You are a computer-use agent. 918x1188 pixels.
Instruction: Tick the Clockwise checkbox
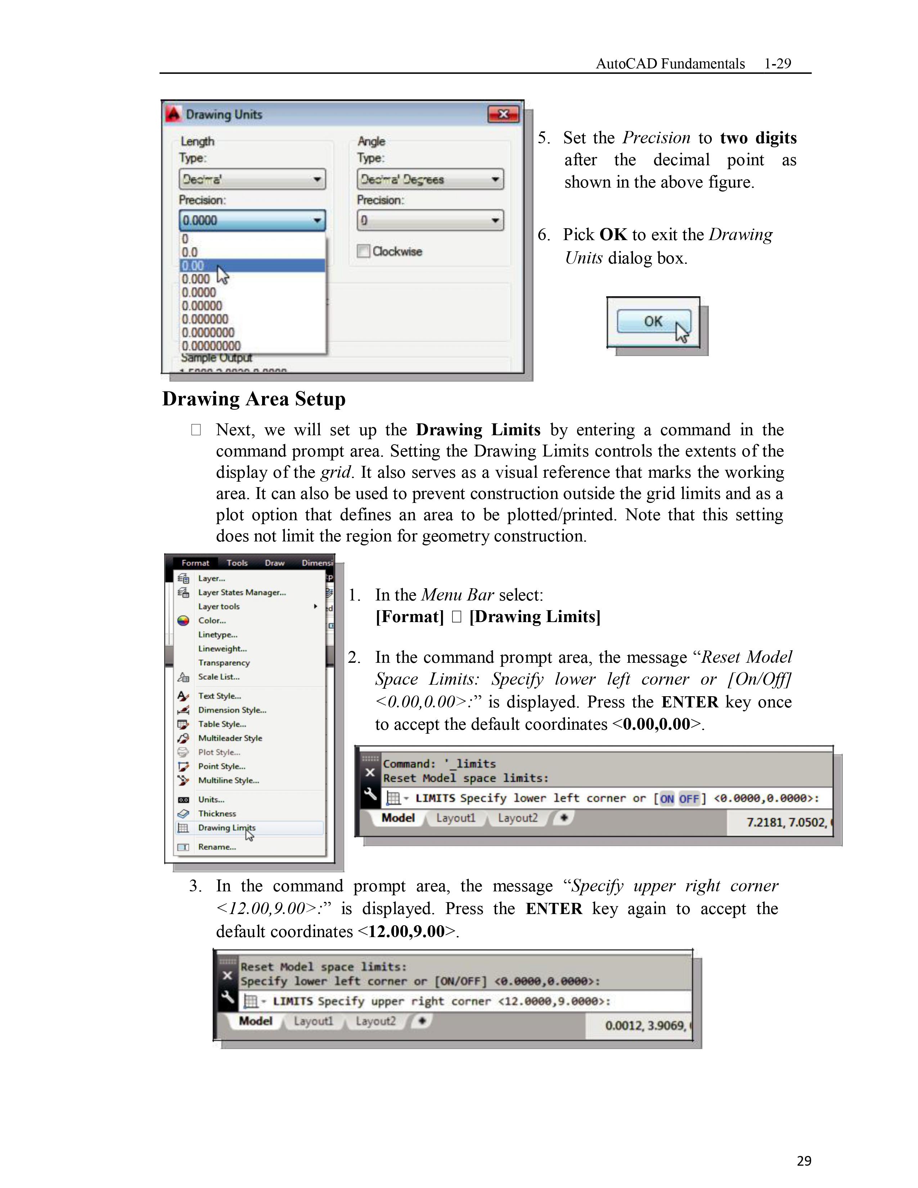pyautogui.click(x=363, y=251)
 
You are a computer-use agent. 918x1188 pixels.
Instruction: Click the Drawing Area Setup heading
pyautogui.click(x=254, y=399)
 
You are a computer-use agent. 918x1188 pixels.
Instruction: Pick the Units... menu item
pyautogui.click(x=211, y=800)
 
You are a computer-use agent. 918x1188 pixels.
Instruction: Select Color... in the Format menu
pyautogui.click(x=212, y=621)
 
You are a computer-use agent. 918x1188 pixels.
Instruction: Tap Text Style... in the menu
pyautogui.click(x=219, y=696)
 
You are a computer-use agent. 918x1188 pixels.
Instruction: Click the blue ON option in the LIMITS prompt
pyautogui.click(x=667, y=798)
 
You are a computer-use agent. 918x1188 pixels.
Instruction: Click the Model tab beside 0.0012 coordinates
pyautogui.click(x=256, y=1021)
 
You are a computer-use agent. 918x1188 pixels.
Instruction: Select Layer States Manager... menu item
pyautogui.click(x=242, y=592)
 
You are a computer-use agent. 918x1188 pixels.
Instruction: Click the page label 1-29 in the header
pyautogui.click(x=777, y=64)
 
